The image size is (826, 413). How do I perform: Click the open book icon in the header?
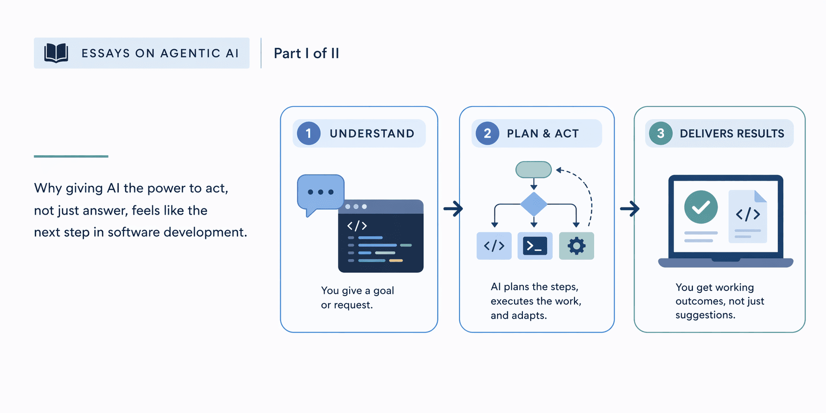pos(56,53)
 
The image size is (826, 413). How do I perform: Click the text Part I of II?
pos(306,54)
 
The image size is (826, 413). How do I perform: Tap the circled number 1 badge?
pos(309,134)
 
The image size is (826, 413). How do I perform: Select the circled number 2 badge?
pos(487,134)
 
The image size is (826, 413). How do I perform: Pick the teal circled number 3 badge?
pos(660,134)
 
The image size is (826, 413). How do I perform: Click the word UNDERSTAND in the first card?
pos(372,134)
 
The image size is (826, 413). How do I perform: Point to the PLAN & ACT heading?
pos(542,134)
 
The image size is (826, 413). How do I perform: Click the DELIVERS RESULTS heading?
pos(731,134)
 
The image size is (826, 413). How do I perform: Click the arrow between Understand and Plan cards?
pos(453,209)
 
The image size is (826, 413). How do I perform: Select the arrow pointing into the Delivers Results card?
pos(630,209)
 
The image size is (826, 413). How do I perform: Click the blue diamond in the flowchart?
pos(534,204)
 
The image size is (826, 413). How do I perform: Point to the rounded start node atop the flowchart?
pos(534,169)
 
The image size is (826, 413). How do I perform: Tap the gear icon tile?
pos(576,246)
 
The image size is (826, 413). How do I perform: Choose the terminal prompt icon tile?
pos(535,246)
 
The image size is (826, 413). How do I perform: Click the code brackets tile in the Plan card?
pos(494,246)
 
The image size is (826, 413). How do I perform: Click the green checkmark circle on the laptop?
pos(701,207)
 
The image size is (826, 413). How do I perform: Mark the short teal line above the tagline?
pos(71,156)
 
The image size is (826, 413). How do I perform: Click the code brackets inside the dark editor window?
pos(357,226)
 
